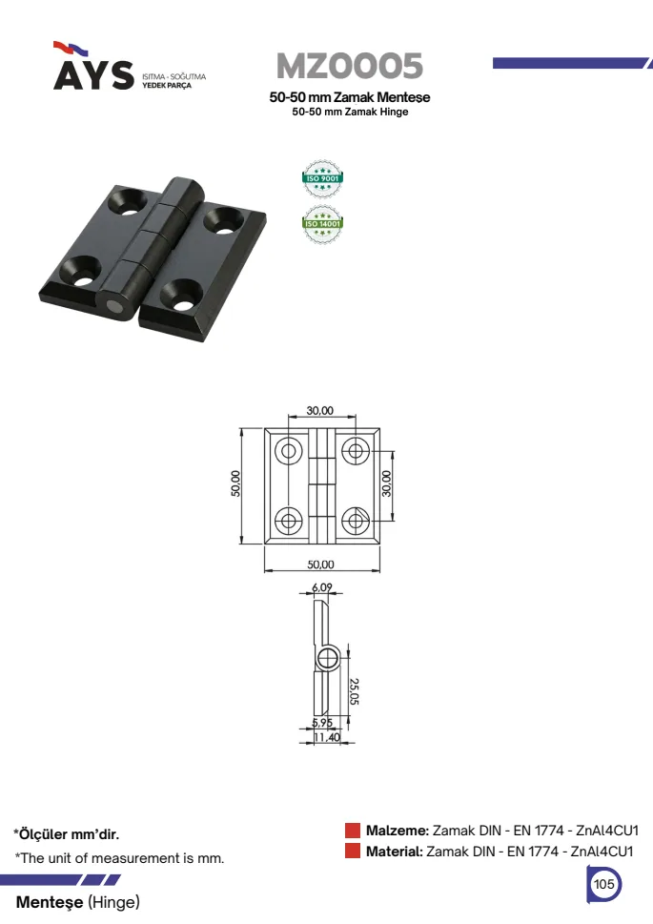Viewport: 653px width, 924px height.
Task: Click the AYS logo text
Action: pyautogui.click(x=93, y=74)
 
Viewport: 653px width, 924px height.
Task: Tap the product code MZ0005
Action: pyautogui.click(x=350, y=66)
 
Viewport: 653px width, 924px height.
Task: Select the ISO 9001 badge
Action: pyautogui.click(x=322, y=178)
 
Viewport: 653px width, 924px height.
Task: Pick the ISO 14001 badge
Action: pyautogui.click(x=322, y=224)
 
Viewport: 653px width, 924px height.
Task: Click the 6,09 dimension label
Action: pyautogui.click(x=322, y=587)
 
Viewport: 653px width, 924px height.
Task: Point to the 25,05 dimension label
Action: pyautogui.click(x=354, y=691)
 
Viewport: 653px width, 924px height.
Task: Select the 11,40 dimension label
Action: pyautogui.click(x=326, y=737)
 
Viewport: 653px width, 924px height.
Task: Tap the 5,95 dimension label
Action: pyautogui.click(x=322, y=723)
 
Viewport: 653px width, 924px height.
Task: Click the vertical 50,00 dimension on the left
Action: pyautogui.click(x=235, y=483)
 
